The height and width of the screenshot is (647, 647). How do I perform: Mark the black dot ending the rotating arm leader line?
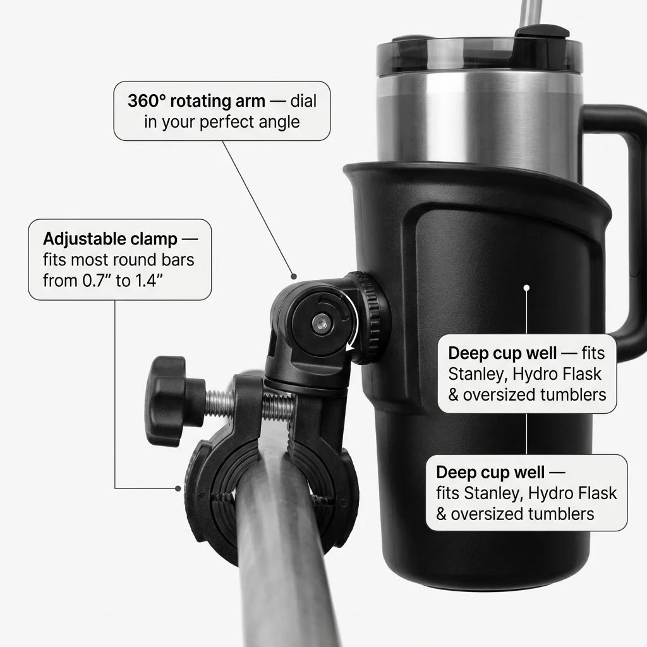click(x=293, y=276)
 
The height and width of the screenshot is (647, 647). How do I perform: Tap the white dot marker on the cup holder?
click(x=526, y=287)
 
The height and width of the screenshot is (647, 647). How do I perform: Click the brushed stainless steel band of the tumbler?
click(x=480, y=120)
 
